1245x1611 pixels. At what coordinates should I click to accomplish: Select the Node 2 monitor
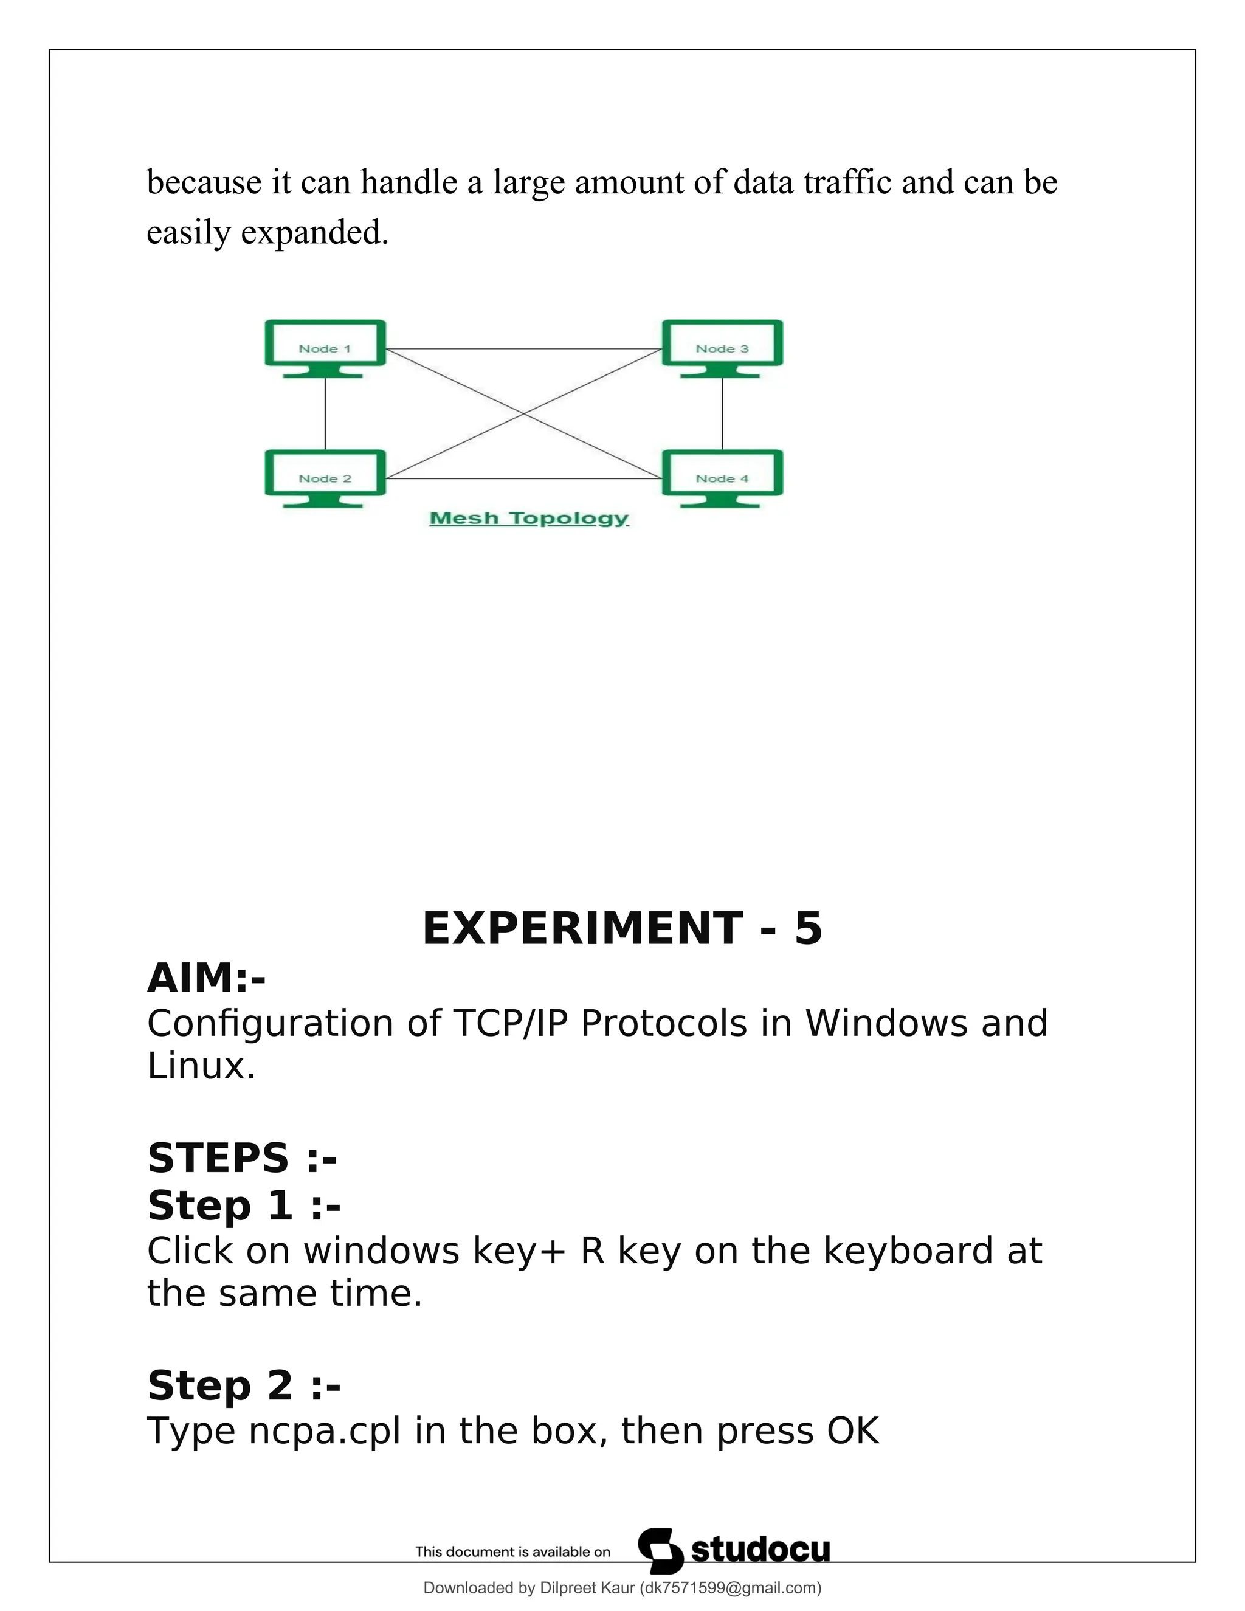pyautogui.click(x=325, y=477)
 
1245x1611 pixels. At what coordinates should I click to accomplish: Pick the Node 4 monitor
pyautogui.click(x=722, y=477)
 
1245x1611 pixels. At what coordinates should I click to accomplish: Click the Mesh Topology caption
pyautogui.click(x=529, y=519)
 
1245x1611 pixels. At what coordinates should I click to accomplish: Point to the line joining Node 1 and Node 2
pyautogui.click(x=325, y=413)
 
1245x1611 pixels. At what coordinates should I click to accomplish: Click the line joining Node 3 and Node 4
pyautogui.click(x=722, y=413)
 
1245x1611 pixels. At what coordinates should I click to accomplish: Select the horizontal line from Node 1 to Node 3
pyautogui.click(x=523, y=349)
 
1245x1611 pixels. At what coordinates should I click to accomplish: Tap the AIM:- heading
pyautogui.click(x=207, y=978)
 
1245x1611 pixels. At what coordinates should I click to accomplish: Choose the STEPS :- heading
pyautogui.click(x=242, y=1157)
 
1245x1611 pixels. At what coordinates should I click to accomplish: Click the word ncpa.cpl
pyautogui.click(x=325, y=1432)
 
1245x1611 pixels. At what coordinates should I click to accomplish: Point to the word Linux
pyautogui.click(x=201, y=1066)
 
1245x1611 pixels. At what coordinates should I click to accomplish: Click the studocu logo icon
pyautogui.click(x=660, y=1551)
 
